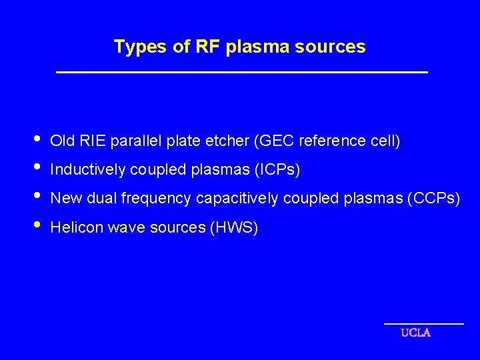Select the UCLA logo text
point(415,333)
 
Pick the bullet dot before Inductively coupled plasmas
point(37,169)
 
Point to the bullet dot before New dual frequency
point(37,197)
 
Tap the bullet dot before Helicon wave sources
point(37,226)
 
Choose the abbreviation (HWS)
point(234,228)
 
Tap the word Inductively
point(87,171)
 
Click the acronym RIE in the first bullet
point(93,141)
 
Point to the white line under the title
point(241,72)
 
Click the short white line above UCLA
point(424,323)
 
